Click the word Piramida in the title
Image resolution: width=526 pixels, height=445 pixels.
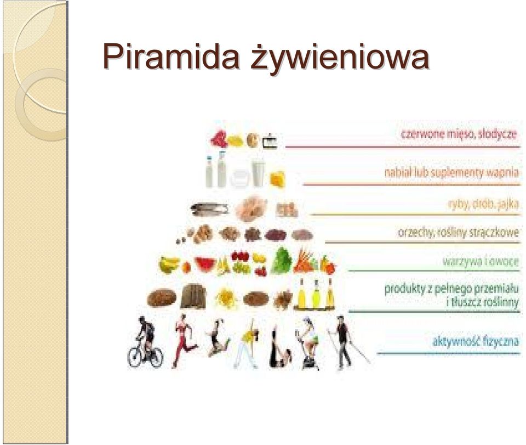point(171,56)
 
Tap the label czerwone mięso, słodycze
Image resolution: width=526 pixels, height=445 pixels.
point(459,134)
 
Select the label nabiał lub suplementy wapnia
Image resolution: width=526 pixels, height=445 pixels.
point(451,173)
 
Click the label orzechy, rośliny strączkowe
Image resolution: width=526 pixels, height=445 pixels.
point(458,233)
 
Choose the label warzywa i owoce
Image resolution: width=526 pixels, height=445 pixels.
point(481,261)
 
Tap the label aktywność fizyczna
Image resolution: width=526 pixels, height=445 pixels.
point(476,341)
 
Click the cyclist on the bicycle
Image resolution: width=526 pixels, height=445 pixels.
point(146,342)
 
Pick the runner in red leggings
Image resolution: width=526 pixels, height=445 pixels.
point(183,341)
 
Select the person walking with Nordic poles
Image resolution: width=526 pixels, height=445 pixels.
point(346,342)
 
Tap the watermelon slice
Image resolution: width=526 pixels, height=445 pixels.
point(205,263)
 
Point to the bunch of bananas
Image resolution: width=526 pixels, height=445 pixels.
point(168,264)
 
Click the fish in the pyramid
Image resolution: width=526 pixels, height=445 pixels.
point(209,209)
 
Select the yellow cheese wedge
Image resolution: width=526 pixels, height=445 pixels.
point(278,179)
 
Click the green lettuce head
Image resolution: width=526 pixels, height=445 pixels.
point(282,261)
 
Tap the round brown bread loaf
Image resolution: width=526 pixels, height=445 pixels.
point(162,297)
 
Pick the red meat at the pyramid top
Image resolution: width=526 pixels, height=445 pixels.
point(219,138)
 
